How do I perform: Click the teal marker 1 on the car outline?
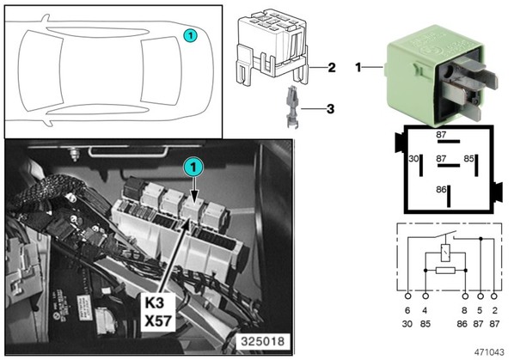point(190,36)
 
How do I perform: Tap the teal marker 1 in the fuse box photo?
point(193,168)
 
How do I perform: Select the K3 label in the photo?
point(154,303)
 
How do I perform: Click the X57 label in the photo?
point(158,321)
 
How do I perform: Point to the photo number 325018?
point(263,342)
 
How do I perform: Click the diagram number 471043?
point(489,352)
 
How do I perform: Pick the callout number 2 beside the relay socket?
point(332,68)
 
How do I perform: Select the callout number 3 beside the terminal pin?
point(330,109)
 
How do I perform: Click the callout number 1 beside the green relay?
point(358,68)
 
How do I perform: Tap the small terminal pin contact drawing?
point(291,107)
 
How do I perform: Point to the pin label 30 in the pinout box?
point(413,159)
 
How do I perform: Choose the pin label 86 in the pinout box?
point(441,190)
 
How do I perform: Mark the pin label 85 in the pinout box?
point(468,159)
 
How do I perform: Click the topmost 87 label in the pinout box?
point(441,135)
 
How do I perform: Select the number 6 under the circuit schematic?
point(407,310)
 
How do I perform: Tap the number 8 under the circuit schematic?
point(464,310)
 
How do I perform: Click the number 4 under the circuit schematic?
point(425,310)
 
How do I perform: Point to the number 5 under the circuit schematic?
point(480,310)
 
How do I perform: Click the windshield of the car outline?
point(161,71)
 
